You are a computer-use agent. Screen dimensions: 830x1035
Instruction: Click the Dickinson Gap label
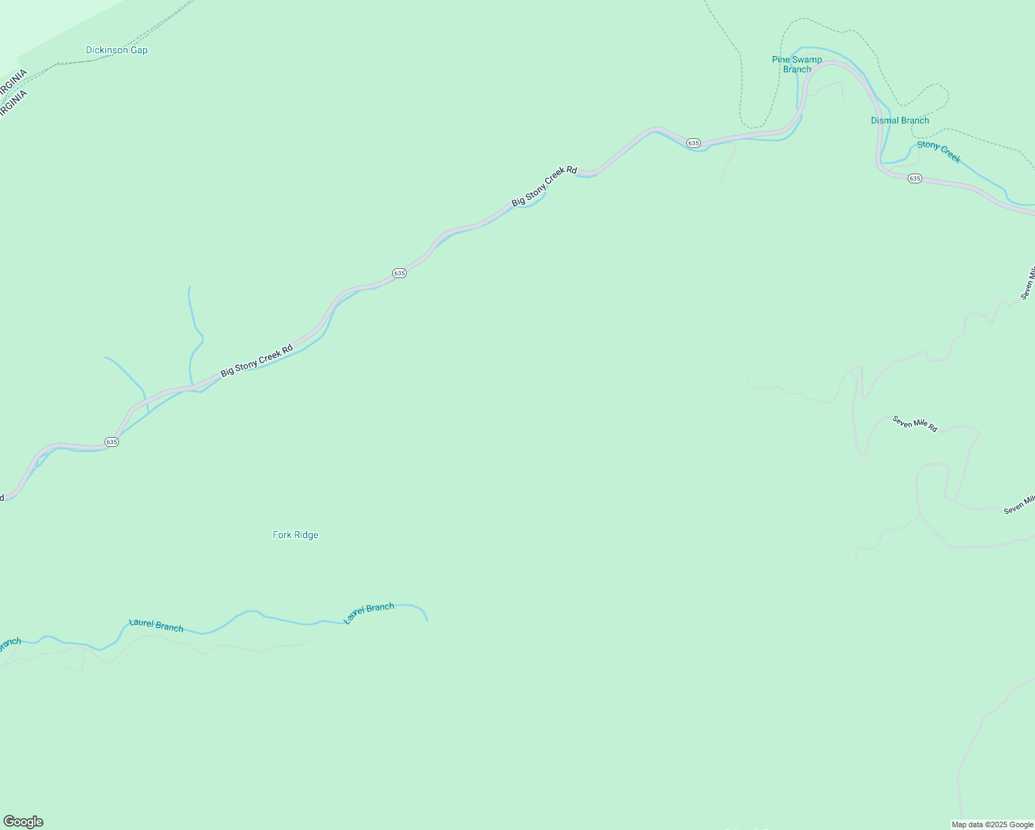[116, 50]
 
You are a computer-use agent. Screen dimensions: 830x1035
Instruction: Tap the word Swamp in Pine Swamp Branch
[807, 59]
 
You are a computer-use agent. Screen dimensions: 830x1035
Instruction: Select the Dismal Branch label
[899, 120]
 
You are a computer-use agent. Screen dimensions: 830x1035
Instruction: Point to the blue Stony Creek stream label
[939, 152]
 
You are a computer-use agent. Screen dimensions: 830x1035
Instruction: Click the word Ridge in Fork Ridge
[305, 535]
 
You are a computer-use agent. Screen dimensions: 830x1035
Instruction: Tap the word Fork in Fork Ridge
[282, 535]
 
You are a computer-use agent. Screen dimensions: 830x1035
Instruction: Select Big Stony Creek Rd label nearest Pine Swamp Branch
[544, 185]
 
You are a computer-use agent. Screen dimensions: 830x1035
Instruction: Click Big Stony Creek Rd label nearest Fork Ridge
[257, 361]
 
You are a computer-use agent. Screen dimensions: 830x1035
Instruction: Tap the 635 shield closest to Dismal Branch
[915, 178]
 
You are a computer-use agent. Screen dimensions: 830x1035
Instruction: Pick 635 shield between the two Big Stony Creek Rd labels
[399, 273]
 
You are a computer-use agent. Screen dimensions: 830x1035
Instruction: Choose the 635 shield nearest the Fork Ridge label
[111, 441]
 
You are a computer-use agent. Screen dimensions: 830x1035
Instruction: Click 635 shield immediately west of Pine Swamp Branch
[693, 142]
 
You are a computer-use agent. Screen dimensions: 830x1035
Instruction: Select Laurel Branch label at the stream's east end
[369, 612]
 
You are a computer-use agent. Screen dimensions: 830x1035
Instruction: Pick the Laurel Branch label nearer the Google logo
[156, 625]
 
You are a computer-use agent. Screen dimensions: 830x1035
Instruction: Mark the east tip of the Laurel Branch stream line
[427, 620]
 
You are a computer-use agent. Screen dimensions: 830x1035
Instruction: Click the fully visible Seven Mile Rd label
[914, 424]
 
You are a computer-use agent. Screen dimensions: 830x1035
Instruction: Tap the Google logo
[24, 822]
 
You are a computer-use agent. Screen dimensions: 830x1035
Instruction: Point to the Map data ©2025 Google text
[992, 824]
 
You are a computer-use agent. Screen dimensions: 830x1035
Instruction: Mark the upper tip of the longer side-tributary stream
[190, 288]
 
